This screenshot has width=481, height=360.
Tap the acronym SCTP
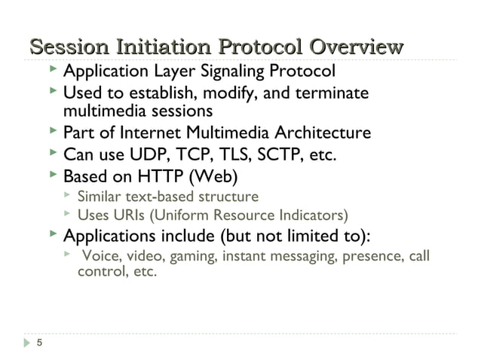pyautogui.click(x=286, y=156)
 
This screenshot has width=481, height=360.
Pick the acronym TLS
pyautogui.click(x=236, y=156)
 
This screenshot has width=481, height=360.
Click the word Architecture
pyautogui.click(x=317, y=133)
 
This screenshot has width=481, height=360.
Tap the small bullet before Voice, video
pyautogui.click(x=67, y=255)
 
